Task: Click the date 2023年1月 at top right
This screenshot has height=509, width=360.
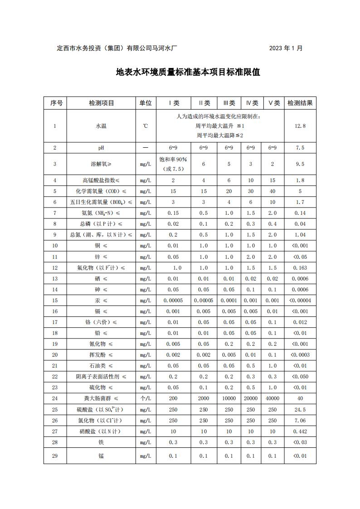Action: click(x=286, y=48)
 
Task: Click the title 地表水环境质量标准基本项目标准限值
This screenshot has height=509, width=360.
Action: click(x=188, y=72)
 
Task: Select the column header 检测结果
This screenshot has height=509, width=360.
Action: click(x=300, y=103)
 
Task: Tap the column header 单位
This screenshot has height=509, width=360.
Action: click(x=146, y=103)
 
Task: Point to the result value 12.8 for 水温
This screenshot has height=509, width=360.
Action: click(x=300, y=126)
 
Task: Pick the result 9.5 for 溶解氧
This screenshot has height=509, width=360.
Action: click(x=300, y=164)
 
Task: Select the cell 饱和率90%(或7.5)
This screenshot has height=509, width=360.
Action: click(x=173, y=164)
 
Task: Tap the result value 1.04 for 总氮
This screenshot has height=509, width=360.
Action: click(x=300, y=235)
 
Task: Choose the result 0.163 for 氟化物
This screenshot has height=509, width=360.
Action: click(x=300, y=268)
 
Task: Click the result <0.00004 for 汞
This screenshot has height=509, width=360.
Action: click(x=300, y=301)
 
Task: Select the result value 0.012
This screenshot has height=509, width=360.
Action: click(x=300, y=322)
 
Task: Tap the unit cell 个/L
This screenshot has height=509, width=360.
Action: click(x=146, y=398)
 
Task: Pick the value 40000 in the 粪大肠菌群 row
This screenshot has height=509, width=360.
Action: click(x=272, y=398)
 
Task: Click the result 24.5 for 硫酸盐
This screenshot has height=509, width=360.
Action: click(x=300, y=410)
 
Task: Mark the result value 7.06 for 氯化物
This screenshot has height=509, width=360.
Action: click(x=300, y=421)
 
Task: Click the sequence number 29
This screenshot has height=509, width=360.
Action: click(x=55, y=456)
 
